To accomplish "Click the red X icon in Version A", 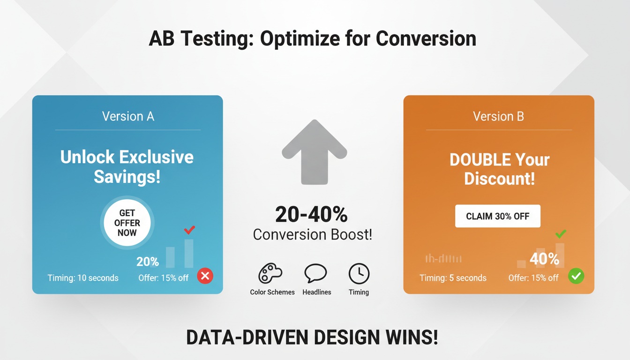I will coord(205,276).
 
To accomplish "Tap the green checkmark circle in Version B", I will coord(576,276).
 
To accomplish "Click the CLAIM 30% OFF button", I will coord(497,216).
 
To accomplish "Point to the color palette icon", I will coord(270,274).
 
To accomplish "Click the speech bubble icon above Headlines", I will coord(315,273).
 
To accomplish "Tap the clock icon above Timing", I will coord(359,274).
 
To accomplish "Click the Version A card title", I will coord(128,116).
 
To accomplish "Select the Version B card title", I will coord(498,116).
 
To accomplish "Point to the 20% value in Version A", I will coord(148,262).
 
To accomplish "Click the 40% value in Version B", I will coord(544,258).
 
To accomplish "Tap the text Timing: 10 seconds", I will coord(83,278).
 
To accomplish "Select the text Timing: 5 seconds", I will coord(453,278).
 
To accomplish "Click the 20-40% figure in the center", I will coord(311,215).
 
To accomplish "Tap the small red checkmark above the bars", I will coord(189,230).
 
